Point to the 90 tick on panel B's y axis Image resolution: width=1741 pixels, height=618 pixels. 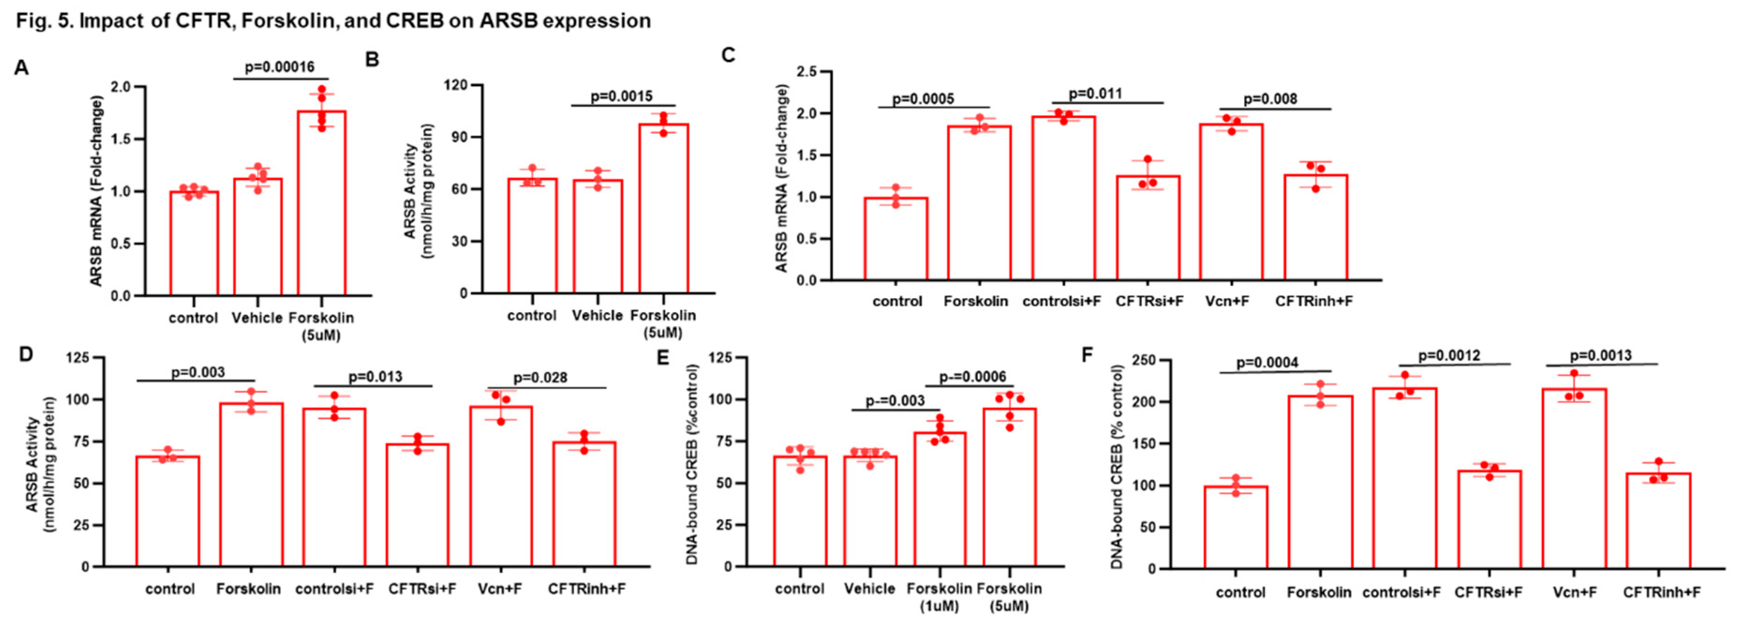457,137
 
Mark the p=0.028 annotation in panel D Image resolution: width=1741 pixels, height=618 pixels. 540,377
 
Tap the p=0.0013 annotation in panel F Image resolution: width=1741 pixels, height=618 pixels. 1600,355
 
